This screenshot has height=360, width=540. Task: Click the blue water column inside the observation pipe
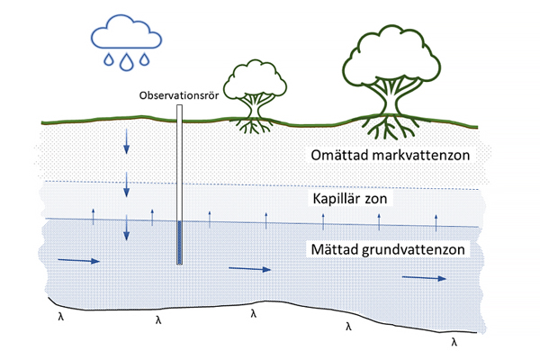[x=180, y=243]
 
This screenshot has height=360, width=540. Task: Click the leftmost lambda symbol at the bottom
[x=59, y=316]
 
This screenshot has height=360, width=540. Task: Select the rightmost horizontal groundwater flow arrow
[x=424, y=278]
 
